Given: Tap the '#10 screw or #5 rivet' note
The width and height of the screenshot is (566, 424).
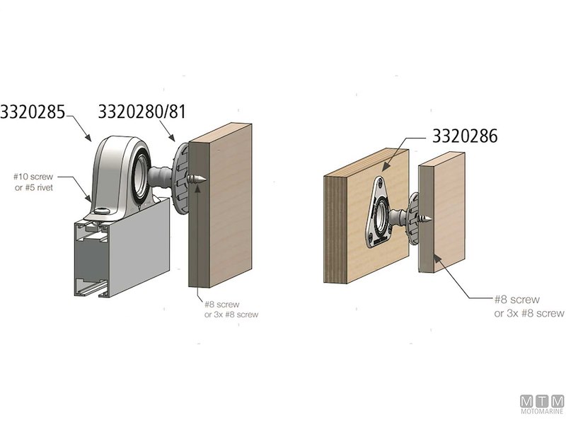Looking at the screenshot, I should (37, 181).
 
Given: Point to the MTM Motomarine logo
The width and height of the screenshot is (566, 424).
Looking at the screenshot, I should (541, 404).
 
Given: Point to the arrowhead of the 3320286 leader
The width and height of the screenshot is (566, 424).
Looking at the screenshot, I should (385, 167).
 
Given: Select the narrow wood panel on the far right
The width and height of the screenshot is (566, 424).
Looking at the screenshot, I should (442, 212).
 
